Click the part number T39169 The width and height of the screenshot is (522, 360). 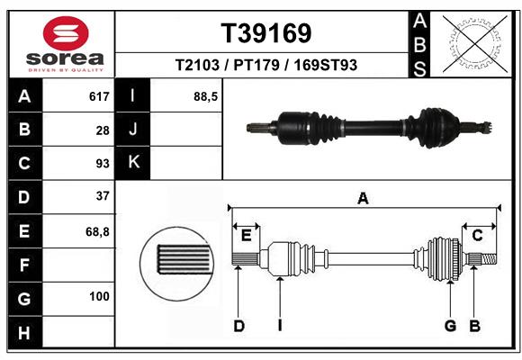[x=266, y=33]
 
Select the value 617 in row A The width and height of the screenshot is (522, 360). [x=98, y=96]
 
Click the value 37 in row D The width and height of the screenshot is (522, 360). [x=102, y=195]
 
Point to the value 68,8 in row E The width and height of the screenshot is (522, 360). [x=97, y=231]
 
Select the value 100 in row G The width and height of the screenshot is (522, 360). [x=99, y=296]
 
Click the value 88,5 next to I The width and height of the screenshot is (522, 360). [x=206, y=96]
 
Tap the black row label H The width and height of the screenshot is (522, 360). [x=24, y=334]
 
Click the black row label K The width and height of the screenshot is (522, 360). [x=133, y=162]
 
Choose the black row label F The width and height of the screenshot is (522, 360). [x=24, y=265]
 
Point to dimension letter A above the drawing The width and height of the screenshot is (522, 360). [x=364, y=199]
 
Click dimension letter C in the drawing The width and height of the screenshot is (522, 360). [x=478, y=235]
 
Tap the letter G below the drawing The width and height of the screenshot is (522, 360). [x=450, y=326]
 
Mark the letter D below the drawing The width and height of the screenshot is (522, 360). [x=239, y=326]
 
